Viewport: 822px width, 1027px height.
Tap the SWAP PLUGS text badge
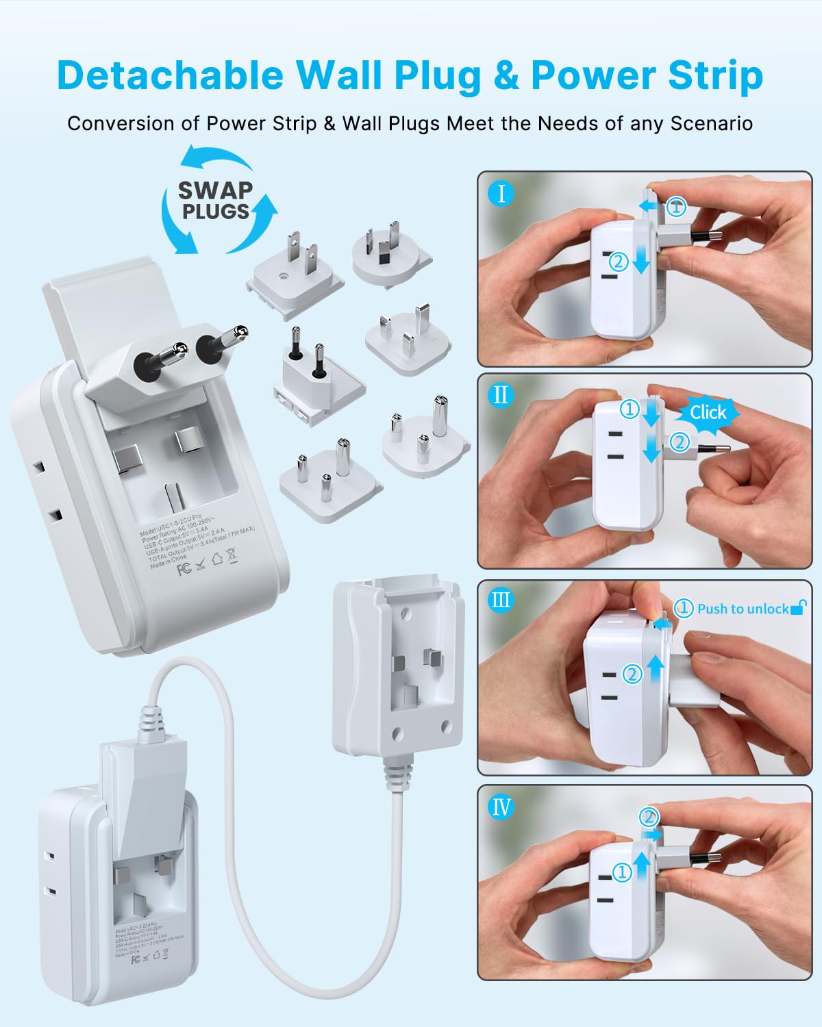215,200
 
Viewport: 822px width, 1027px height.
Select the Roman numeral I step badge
501,194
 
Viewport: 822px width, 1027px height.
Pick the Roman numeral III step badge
501,600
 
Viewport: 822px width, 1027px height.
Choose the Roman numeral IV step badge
501,807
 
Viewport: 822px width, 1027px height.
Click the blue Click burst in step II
708,412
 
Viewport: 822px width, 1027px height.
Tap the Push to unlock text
743,609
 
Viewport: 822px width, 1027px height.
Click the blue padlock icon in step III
798,607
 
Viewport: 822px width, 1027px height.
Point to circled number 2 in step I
619,261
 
